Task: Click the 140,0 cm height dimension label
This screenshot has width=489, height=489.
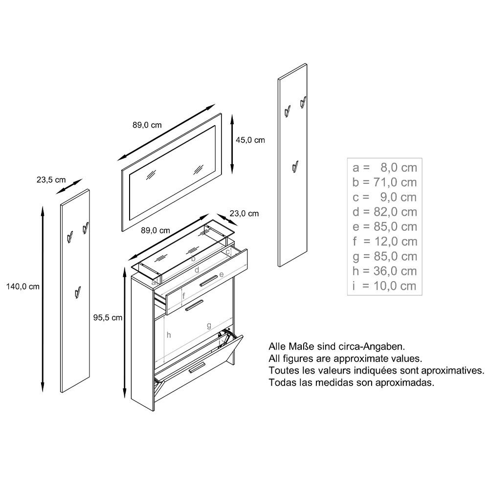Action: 22,287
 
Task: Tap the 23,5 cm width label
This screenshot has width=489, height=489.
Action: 51,179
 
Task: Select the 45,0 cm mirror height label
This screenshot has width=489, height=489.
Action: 250,140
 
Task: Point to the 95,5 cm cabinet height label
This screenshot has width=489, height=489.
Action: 108,318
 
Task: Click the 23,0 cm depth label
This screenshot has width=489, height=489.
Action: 244,214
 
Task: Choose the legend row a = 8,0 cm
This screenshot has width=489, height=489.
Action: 385,168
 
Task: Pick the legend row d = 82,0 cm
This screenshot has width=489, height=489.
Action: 385,212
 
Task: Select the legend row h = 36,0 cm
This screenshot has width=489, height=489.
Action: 385,271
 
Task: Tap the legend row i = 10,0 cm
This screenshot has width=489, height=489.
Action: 385,286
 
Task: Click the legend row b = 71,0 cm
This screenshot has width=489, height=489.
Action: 385,182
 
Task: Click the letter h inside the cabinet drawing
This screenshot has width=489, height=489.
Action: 169,335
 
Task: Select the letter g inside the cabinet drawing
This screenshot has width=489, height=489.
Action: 209,325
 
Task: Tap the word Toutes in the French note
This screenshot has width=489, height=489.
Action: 283,371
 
